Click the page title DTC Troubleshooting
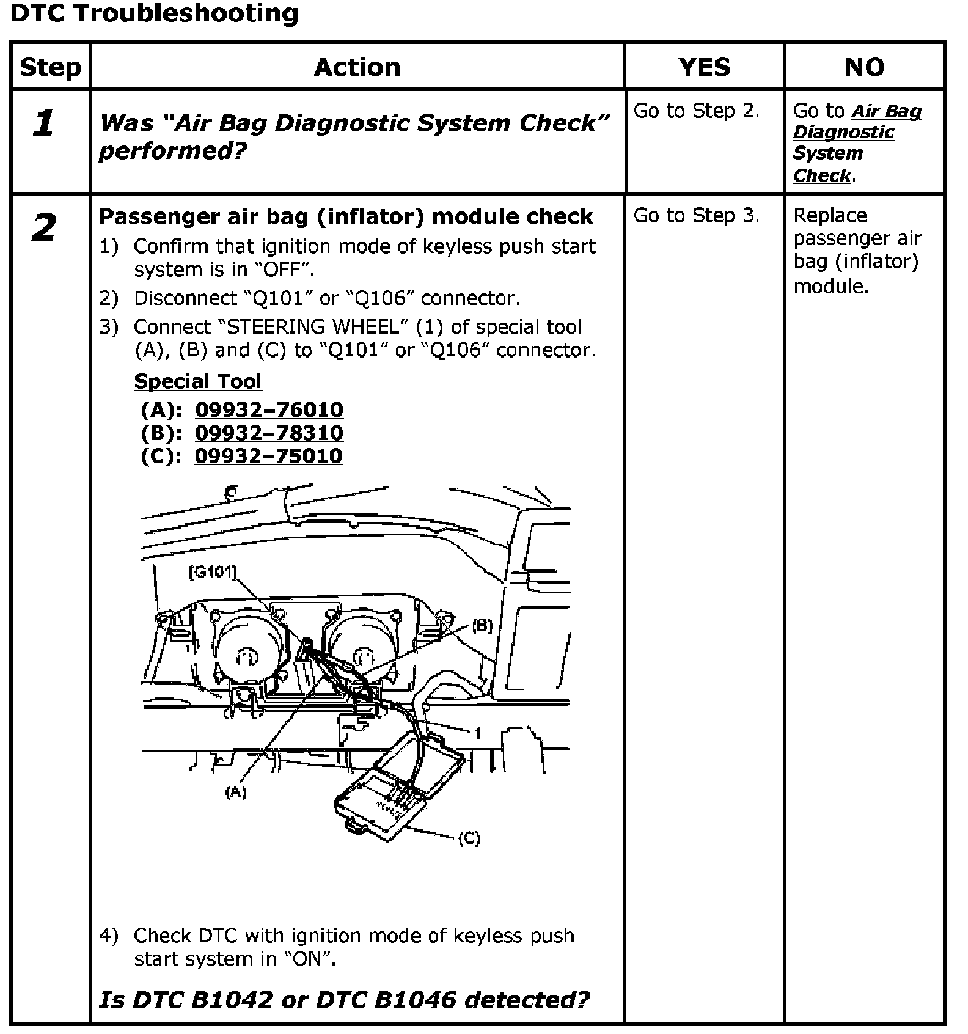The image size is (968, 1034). pos(155,13)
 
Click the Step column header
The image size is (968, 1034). pos(50,67)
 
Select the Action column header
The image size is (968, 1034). pos(358,67)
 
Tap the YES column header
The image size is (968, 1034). pos(705,67)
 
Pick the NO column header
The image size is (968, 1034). pos(864,67)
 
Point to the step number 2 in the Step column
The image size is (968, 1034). pos(44,228)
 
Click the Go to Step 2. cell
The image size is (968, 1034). pos(696,111)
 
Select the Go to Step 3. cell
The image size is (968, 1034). pos(696,216)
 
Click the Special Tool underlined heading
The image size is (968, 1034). pos(197,381)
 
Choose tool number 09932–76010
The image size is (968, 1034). pos(269,409)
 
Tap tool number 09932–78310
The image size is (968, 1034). pos(269,433)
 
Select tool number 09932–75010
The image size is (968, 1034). pos(268,456)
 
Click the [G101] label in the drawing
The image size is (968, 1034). pos(212,572)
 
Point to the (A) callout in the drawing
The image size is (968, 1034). pos(235,793)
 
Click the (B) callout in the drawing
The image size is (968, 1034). pos(482,626)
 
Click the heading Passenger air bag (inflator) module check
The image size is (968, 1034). pos(346,216)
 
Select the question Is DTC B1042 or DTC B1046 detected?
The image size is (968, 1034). pos(344,1000)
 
